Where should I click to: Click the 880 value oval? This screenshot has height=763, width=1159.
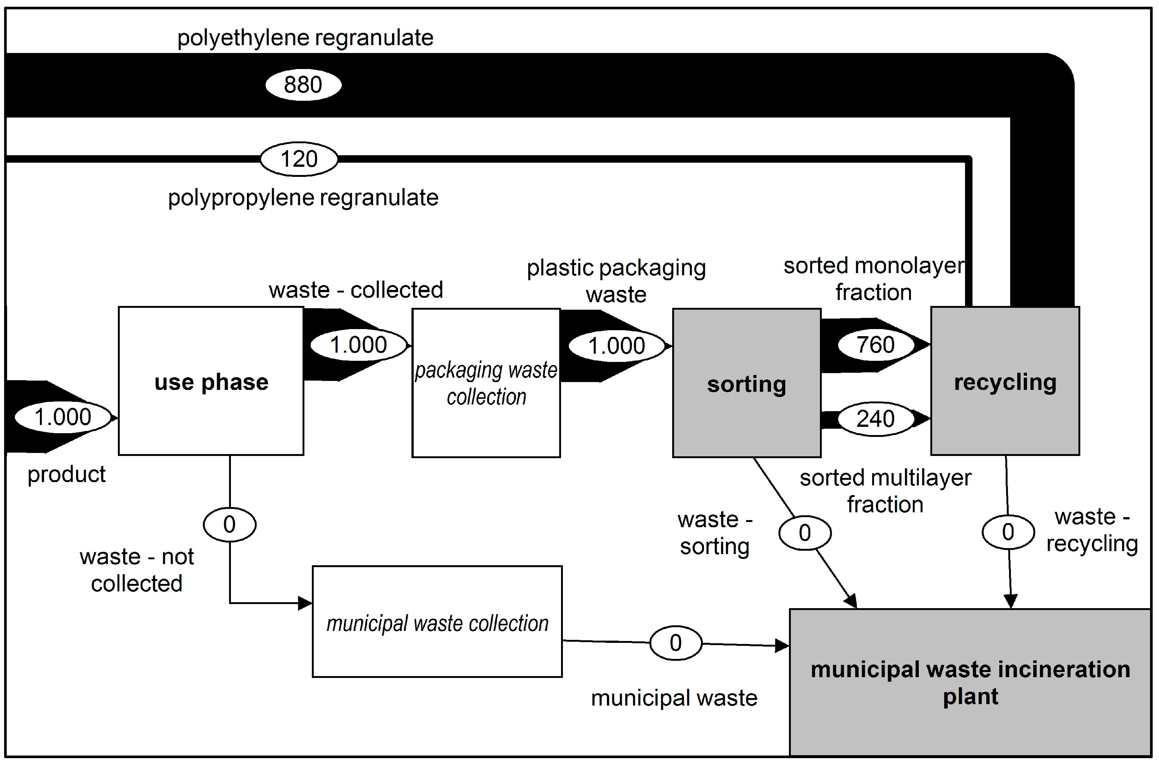[303, 85]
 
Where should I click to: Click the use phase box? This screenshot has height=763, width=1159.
[211, 381]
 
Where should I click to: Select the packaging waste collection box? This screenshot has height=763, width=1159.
[486, 383]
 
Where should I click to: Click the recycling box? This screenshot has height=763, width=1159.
[1005, 381]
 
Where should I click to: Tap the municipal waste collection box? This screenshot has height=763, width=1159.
[437, 622]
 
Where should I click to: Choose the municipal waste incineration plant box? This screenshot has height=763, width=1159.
[970, 682]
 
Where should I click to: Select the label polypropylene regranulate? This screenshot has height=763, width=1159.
[303, 198]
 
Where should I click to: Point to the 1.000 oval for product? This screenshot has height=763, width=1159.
[63, 417]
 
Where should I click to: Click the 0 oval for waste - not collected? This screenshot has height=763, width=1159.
[229, 524]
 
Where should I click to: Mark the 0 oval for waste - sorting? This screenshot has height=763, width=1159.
[805, 532]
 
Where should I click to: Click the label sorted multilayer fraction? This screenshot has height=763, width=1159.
[885, 491]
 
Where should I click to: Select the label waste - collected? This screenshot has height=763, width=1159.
[355, 290]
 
